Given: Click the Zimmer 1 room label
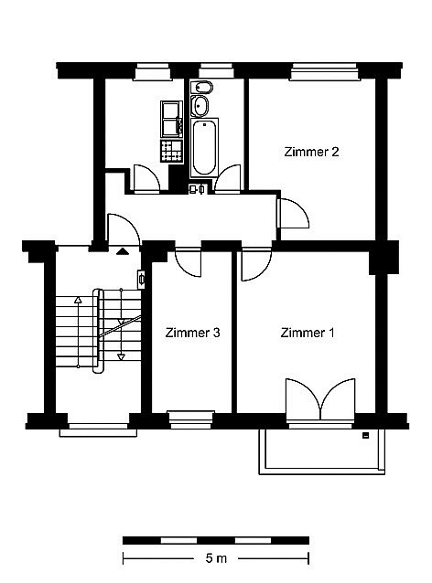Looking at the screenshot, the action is pyautogui.click(x=308, y=333).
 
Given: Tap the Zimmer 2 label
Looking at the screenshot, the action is pyautogui.click(x=311, y=152).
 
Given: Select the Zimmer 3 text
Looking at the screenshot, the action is pyautogui.click(x=192, y=333).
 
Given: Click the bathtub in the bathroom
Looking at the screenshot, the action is pyautogui.click(x=204, y=148).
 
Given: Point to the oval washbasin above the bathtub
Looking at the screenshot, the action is pyautogui.click(x=200, y=106).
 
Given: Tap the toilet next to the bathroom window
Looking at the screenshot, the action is pyautogui.click(x=201, y=88).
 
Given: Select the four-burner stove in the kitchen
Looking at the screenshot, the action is pyautogui.click(x=172, y=151).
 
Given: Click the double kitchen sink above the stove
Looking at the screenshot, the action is pyautogui.click(x=172, y=119).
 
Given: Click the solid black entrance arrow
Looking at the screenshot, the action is pyautogui.click(x=123, y=251).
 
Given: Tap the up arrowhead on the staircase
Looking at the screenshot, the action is pyautogui.click(x=78, y=300).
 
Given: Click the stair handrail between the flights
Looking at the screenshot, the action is pyautogui.click(x=98, y=331).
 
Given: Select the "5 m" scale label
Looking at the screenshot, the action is pyautogui.click(x=216, y=558).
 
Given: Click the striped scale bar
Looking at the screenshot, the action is pyautogui.click(x=216, y=540).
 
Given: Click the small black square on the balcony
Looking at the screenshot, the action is pyautogui.click(x=366, y=435).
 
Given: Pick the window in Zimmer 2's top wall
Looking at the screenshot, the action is pyautogui.click(x=324, y=71).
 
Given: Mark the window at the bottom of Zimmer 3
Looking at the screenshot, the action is pyautogui.click(x=191, y=419).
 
